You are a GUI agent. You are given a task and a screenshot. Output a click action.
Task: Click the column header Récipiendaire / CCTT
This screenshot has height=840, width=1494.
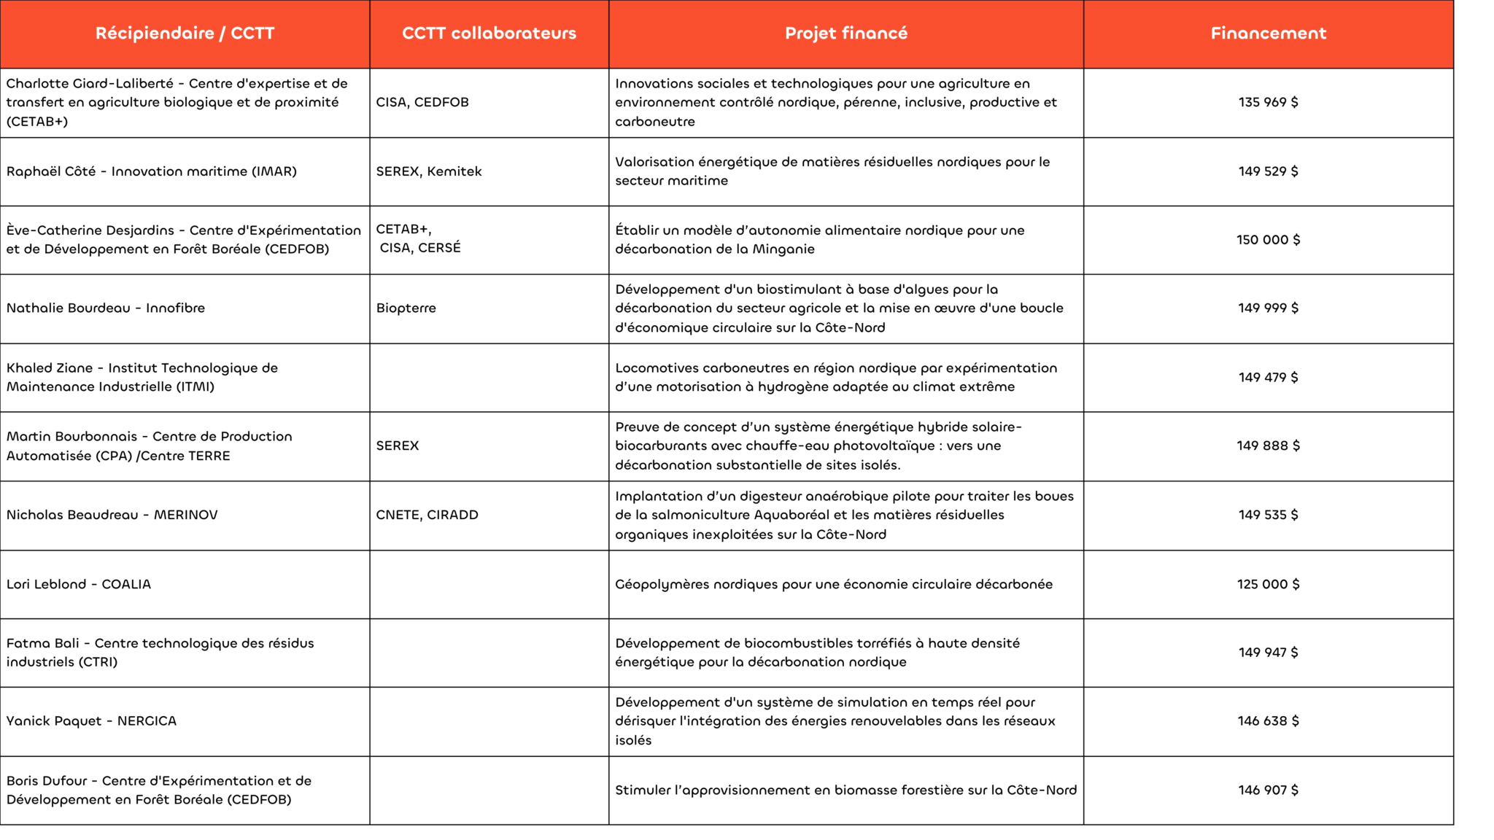pyautogui.click(x=185, y=34)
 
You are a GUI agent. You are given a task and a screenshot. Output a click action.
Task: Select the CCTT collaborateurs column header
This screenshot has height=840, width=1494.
pyautogui.click(x=489, y=34)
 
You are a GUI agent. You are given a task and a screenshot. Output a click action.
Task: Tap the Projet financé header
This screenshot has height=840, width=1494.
pyautogui.click(x=845, y=34)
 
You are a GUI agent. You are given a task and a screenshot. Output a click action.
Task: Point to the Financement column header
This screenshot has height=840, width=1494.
pyautogui.click(x=1268, y=34)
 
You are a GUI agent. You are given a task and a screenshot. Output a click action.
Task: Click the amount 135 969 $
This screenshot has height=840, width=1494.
pyautogui.click(x=1268, y=102)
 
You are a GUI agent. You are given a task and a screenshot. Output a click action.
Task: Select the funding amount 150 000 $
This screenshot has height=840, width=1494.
pyautogui.click(x=1268, y=240)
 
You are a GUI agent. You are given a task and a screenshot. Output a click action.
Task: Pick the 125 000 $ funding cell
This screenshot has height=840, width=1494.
pyautogui.click(x=1268, y=584)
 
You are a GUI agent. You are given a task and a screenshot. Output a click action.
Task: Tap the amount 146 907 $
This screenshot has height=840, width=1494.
pyautogui.click(x=1268, y=790)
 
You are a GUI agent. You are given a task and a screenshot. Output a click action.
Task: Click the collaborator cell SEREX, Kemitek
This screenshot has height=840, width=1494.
pyautogui.click(x=429, y=171)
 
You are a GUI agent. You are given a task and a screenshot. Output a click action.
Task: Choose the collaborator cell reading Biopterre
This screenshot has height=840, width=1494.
pyautogui.click(x=406, y=308)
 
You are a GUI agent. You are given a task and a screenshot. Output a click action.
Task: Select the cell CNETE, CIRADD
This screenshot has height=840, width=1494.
pyautogui.click(x=427, y=515)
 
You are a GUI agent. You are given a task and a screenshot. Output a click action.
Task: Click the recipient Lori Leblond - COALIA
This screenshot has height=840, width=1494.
pyautogui.click(x=79, y=584)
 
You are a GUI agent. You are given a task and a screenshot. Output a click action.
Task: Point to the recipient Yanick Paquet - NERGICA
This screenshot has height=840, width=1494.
pyautogui.click(x=91, y=721)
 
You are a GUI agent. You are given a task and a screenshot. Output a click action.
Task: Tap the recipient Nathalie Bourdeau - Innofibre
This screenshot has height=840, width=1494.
pyautogui.click(x=106, y=308)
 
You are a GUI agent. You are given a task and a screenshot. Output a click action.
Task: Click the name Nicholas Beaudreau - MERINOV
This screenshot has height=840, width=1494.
pyautogui.click(x=112, y=515)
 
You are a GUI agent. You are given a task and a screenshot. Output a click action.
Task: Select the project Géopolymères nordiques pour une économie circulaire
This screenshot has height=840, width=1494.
pyautogui.click(x=833, y=584)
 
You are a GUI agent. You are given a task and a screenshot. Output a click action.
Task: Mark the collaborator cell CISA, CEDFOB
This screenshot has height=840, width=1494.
pyautogui.click(x=422, y=102)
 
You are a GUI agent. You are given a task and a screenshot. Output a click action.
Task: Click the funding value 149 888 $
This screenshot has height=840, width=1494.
pyautogui.click(x=1268, y=446)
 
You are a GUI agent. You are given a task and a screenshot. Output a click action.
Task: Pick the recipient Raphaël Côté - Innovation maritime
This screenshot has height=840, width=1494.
pyautogui.click(x=152, y=171)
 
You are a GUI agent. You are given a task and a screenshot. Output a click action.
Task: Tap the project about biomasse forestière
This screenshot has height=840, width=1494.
pyautogui.click(x=845, y=790)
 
